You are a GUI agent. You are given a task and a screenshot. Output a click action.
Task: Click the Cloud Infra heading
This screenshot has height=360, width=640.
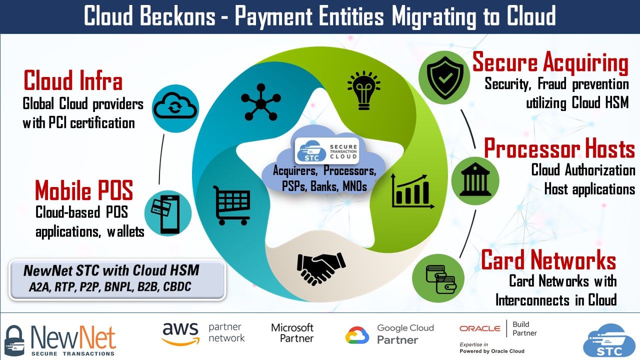pos(73,81)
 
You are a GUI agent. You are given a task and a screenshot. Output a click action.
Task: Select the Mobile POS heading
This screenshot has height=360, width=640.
pos(84,190)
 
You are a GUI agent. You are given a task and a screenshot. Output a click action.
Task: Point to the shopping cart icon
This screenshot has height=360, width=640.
pos(231,205)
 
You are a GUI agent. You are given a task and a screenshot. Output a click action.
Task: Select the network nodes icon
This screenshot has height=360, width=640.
pos(259,103)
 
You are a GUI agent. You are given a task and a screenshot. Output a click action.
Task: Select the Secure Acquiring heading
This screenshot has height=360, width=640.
pos(550,63)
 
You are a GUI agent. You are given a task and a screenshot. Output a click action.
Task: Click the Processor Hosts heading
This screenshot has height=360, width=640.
pos(559,148)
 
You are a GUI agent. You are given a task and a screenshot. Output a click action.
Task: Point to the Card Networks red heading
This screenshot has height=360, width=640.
pos(548,260)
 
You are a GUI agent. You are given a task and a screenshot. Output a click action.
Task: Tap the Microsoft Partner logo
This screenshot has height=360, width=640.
pos(292,333)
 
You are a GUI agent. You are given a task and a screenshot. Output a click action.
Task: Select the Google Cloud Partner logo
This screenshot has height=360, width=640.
pos(389,334)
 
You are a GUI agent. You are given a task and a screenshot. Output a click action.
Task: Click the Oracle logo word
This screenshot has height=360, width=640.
pos(480,328)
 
